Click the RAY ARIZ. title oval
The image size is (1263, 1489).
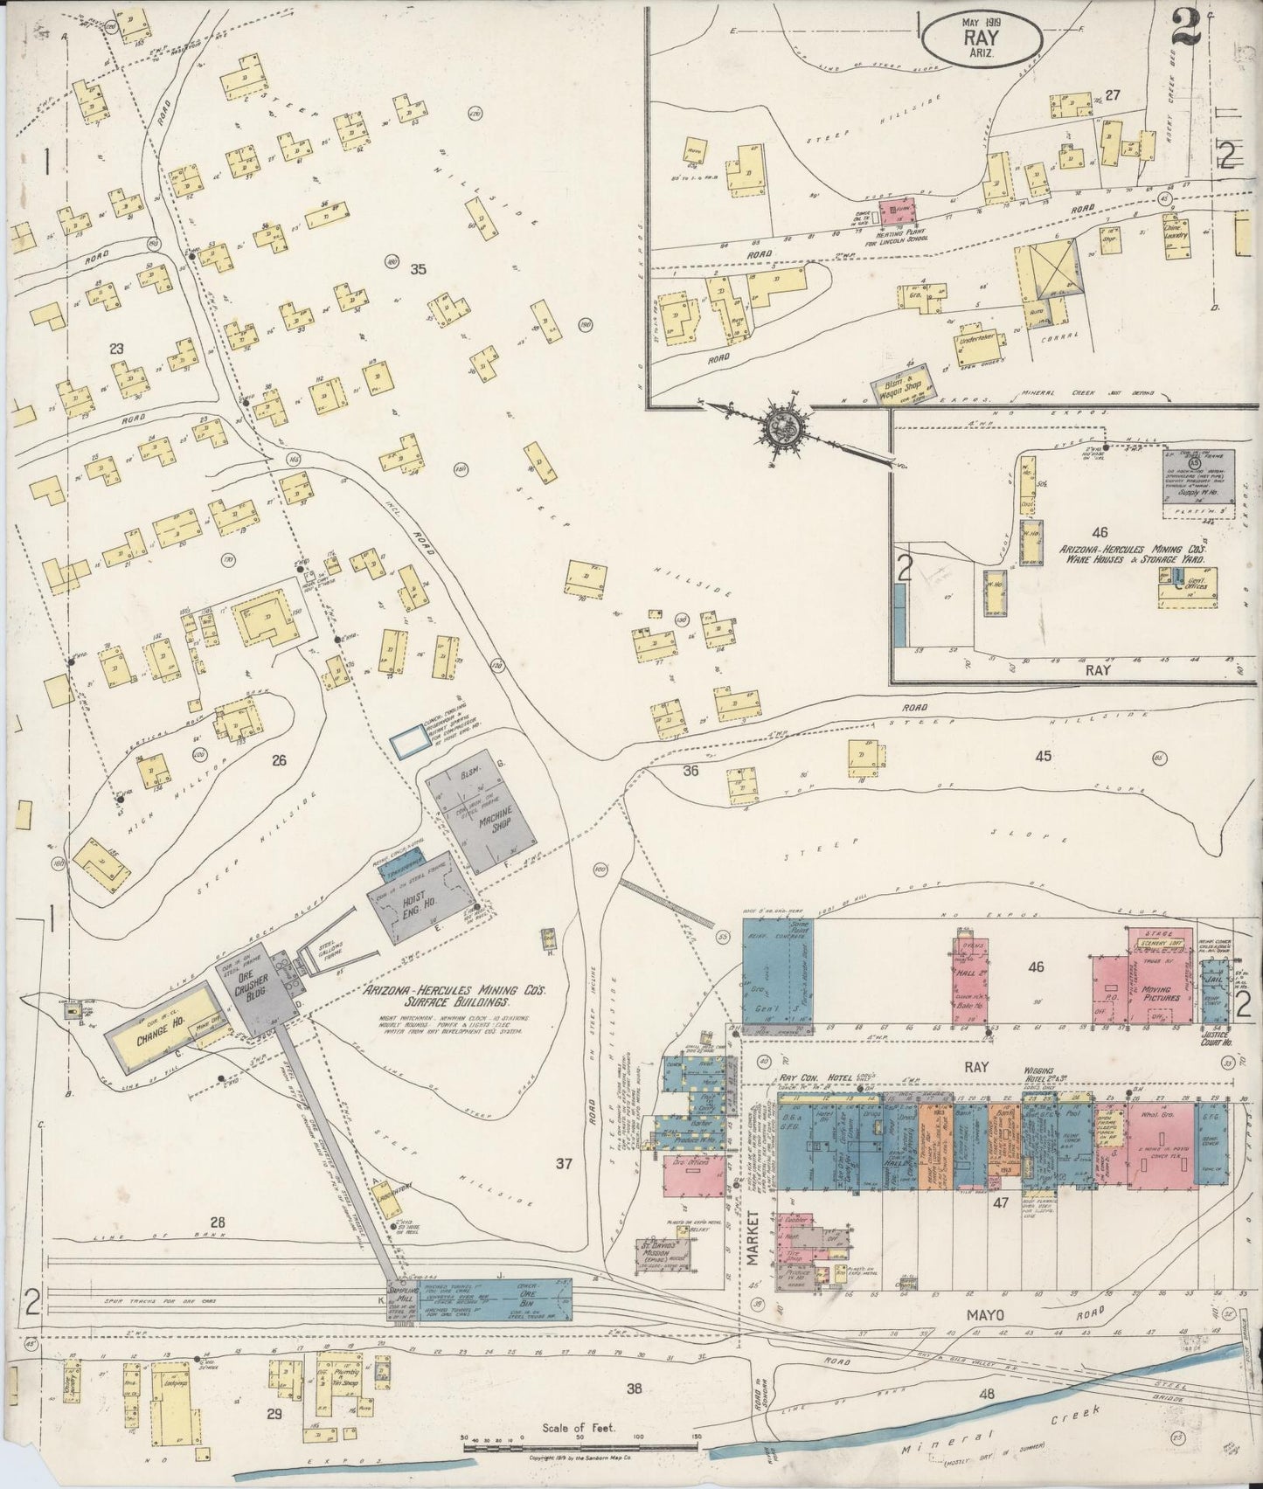tap(985, 39)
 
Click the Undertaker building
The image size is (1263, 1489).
tap(978, 334)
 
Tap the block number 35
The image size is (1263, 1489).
tap(418, 270)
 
